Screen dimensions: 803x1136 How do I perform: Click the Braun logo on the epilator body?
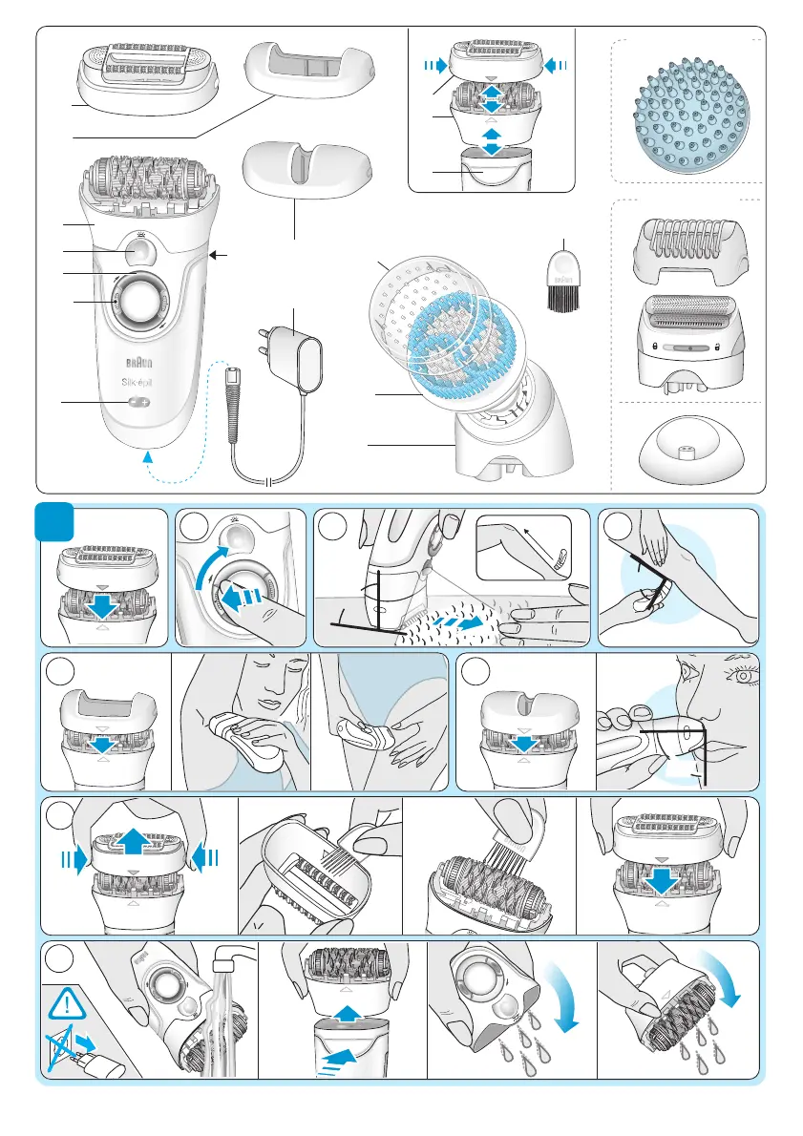139,362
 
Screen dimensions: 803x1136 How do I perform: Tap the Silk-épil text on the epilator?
137,382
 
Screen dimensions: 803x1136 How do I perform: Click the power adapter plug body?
303,359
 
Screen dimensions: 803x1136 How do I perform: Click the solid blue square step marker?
55,521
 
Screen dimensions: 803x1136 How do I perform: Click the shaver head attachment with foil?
691,341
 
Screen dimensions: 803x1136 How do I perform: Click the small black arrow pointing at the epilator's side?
218,255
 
